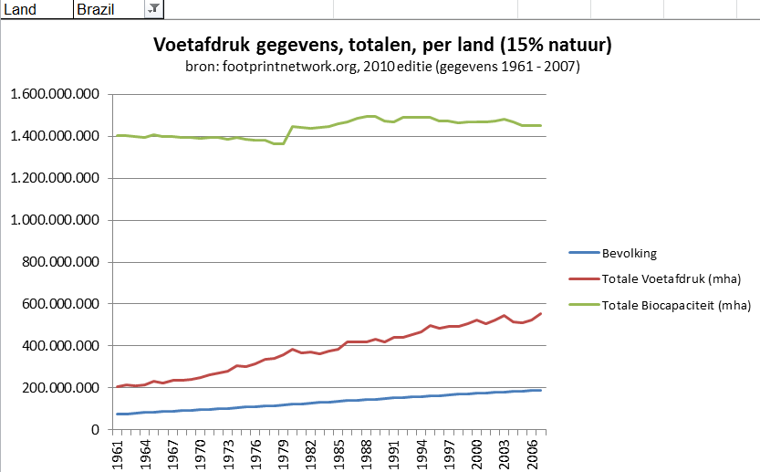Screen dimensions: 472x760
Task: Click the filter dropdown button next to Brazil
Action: coord(153,8)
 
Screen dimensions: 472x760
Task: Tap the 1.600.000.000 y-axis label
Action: coord(53,95)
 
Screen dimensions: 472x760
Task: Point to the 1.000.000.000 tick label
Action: coord(53,220)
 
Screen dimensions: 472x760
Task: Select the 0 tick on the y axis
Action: coord(95,430)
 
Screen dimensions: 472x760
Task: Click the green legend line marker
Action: coord(581,305)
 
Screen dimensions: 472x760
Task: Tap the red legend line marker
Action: coord(581,278)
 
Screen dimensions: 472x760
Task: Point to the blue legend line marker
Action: coord(581,252)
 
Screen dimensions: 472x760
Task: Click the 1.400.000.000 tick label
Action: coord(53,137)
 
